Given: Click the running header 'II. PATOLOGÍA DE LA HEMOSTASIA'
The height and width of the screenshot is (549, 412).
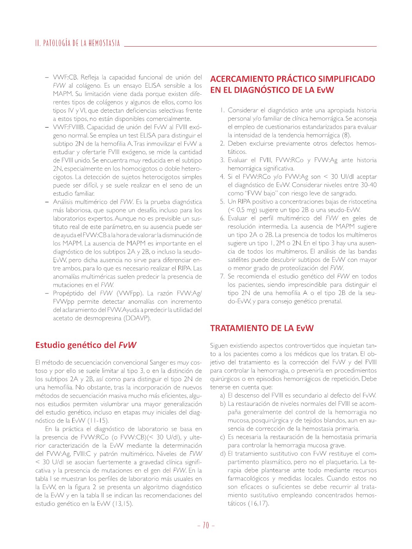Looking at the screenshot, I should [77, 43].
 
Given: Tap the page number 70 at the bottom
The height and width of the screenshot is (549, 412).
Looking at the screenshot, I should [206, 526].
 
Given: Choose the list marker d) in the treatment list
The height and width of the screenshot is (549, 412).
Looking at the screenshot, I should [223, 454].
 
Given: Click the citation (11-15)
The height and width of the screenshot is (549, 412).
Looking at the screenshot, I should [98, 421].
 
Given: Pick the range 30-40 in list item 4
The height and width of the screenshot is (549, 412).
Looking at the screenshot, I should [368, 185].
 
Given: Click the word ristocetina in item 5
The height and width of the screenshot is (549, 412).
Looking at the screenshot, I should [362, 202].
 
